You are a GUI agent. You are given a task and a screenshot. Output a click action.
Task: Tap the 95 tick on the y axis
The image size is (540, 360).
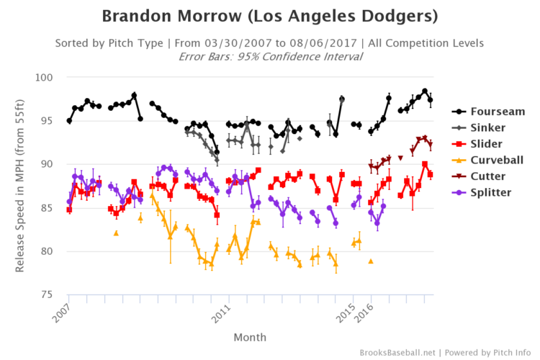48,121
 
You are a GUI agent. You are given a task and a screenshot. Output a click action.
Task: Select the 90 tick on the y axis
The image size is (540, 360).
48,164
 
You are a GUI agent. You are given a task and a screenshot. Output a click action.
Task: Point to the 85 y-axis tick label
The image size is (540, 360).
48,208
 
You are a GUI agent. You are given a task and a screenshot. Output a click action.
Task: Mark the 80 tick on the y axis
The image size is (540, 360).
48,251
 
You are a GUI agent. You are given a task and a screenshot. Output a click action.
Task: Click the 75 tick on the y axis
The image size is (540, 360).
48,294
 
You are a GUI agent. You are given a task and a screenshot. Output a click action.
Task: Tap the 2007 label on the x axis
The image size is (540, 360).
61,310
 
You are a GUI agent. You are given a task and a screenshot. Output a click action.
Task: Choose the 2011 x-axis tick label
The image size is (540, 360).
220,310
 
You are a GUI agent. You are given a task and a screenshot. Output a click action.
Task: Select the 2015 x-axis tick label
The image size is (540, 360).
346,310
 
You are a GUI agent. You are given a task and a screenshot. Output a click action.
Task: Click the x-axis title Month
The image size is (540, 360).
250,337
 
